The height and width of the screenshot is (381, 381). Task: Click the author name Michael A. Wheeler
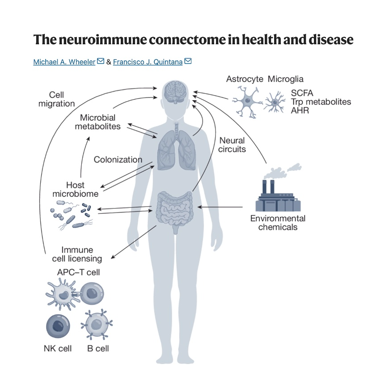[x=64, y=62]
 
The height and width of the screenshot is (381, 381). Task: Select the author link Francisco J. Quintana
[x=148, y=62]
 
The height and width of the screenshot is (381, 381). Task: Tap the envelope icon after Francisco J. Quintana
[x=188, y=61]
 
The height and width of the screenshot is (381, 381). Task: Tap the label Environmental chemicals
[x=278, y=223]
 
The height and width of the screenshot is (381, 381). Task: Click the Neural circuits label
[x=232, y=145]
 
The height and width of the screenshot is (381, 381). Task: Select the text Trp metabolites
[x=321, y=102]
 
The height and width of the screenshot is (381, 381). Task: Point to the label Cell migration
[x=56, y=99]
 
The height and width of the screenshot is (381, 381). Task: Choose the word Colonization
[x=118, y=160]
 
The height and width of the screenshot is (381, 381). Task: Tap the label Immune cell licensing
[x=81, y=254]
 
